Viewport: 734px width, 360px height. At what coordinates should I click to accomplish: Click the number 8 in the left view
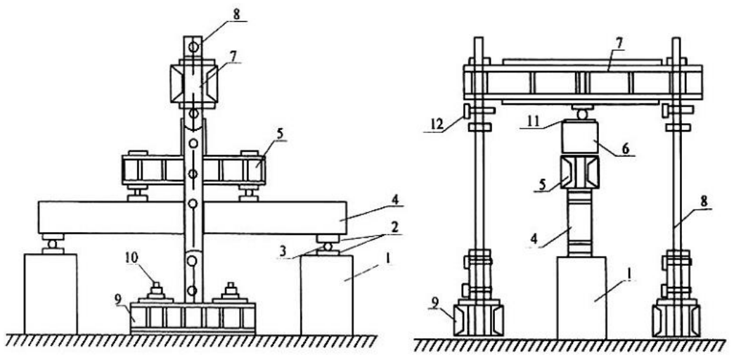pyautogui.click(x=236, y=14)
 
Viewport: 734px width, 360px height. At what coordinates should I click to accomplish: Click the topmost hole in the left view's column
pyautogui.click(x=193, y=47)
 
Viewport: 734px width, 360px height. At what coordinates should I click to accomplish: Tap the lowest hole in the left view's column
pyautogui.click(x=192, y=290)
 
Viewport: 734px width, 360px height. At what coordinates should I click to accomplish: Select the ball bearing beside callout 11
pyautogui.click(x=581, y=113)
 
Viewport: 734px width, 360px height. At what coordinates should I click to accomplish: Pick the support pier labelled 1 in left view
pyautogui.click(x=327, y=295)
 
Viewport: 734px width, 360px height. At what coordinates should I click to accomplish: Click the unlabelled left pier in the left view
pyautogui.click(x=51, y=295)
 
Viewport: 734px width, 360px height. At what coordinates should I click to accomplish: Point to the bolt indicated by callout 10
pyautogui.click(x=156, y=291)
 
